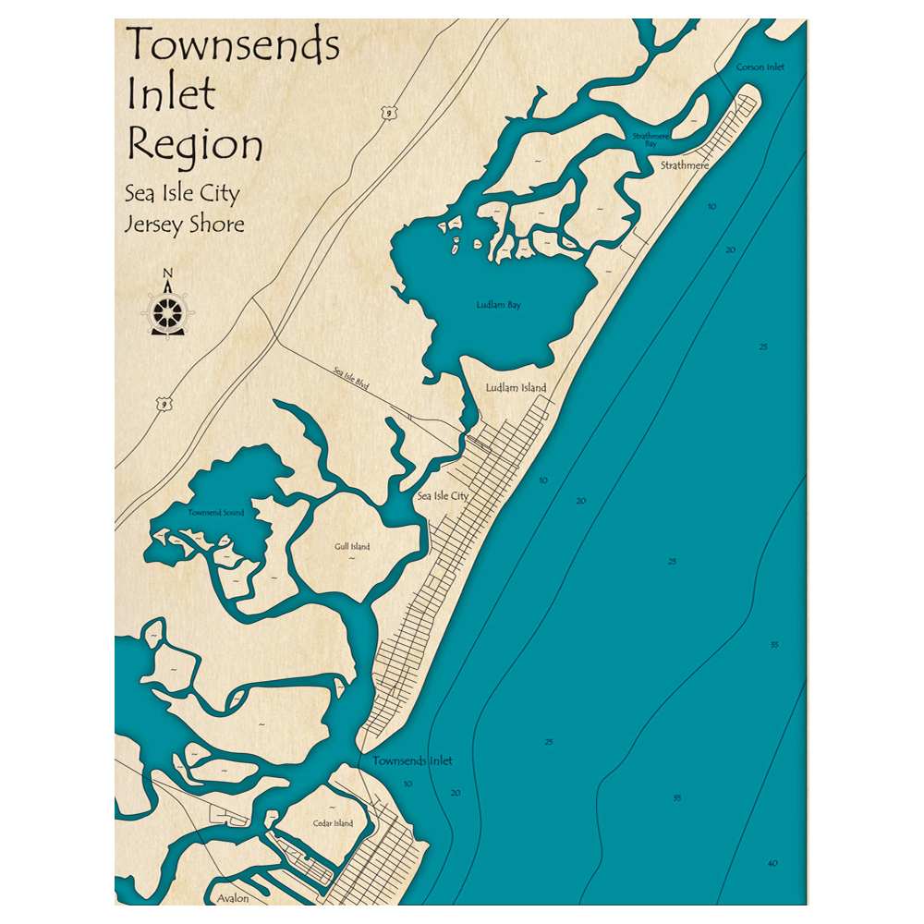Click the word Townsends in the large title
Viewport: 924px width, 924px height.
click(233, 44)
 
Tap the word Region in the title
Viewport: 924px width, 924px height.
click(195, 146)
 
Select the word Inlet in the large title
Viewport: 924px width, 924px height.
click(172, 94)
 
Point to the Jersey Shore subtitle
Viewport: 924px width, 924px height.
click(185, 225)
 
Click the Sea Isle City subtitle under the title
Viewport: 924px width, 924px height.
click(182, 194)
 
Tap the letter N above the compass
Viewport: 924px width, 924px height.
click(167, 273)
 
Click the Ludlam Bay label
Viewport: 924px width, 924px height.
click(498, 305)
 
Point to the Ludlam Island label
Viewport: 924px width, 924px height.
click(516, 388)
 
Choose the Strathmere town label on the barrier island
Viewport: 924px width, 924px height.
click(685, 164)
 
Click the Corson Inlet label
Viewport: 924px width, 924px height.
click(760, 67)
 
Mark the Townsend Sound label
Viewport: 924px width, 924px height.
click(216, 512)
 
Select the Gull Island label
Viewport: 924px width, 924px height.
click(352, 546)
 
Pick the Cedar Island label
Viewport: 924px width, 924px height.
click(333, 823)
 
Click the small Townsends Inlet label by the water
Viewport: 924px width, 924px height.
click(413, 761)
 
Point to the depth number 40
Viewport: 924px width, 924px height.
click(772, 864)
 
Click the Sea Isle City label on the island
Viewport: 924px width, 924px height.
click(443, 496)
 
